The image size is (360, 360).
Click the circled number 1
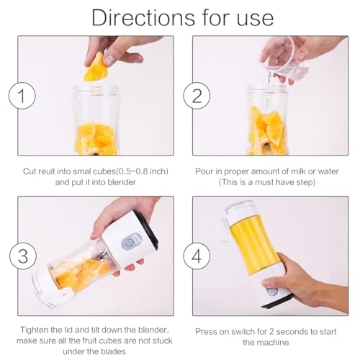pyautogui.click(x=22, y=96)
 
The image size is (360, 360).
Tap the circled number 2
pyautogui.click(x=197, y=96)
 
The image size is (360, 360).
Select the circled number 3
pyautogui.click(x=23, y=256)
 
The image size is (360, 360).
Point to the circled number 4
pyautogui.click(x=197, y=256)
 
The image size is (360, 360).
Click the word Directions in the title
pyautogui.click(x=143, y=17)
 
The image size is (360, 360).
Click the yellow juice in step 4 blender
pyautogui.click(x=254, y=243)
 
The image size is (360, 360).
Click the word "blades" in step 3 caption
pyautogui.click(x=113, y=351)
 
